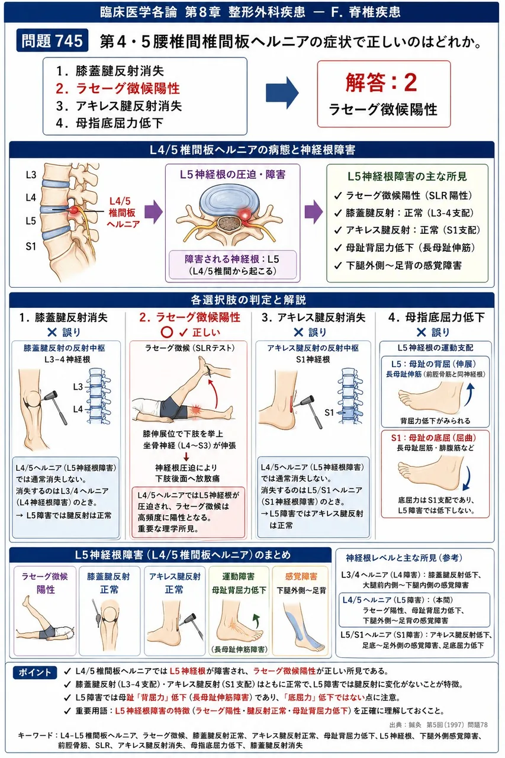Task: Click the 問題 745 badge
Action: click(x=52, y=41)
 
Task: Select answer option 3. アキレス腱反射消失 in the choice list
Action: click(x=119, y=106)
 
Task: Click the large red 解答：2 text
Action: click(x=381, y=82)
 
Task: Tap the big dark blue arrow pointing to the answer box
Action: click(x=282, y=93)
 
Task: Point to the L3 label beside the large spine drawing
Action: click(x=31, y=175)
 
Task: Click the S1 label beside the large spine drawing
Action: click(x=31, y=246)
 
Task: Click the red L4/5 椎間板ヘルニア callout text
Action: click(x=123, y=213)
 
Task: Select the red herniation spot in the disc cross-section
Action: click(x=245, y=214)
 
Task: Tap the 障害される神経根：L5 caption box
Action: click(x=233, y=265)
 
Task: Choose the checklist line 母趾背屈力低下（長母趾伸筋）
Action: click(x=405, y=248)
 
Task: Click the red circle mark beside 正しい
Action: click(x=167, y=332)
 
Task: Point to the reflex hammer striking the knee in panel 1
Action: click(x=56, y=407)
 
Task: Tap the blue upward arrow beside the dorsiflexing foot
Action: click(x=469, y=394)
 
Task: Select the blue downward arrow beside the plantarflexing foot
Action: click(x=467, y=478)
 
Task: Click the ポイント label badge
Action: click(x=34, y=672)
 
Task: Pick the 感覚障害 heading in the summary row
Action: click(x=301, y=577)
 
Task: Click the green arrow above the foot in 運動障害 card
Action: click(x=256, y=620)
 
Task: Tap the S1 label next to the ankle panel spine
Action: click(x=329, y=412)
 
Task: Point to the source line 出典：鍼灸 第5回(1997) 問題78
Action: click(x=438, y=724)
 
